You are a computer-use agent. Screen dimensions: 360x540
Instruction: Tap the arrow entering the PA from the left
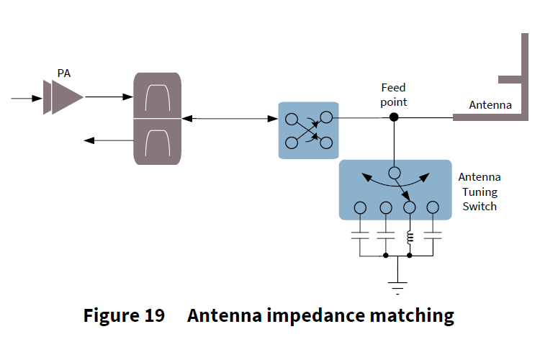pos(26,97)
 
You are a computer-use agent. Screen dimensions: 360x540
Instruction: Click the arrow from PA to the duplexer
pos(109,96)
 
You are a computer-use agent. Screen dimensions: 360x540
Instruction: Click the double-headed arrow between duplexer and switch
pos(230,118)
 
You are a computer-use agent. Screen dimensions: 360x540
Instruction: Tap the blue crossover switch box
pos(308,130)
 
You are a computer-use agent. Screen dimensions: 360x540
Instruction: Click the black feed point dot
pos(394,117)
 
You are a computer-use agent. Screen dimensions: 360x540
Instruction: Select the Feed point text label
pos(394,94)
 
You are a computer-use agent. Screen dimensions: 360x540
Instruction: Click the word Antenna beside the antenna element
pos(490,105)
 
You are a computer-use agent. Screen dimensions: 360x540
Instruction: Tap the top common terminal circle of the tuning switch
pos(394,173)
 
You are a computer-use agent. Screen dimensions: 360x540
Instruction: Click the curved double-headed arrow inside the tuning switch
pos(394,182)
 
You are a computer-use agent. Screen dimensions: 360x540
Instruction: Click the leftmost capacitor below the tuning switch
pos(360,235)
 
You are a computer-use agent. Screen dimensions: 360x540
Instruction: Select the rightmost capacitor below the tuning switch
pos(433,235)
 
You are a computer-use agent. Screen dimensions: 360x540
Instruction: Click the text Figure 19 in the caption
pos(123,315)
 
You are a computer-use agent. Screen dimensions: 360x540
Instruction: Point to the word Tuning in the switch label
pos(479,192)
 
